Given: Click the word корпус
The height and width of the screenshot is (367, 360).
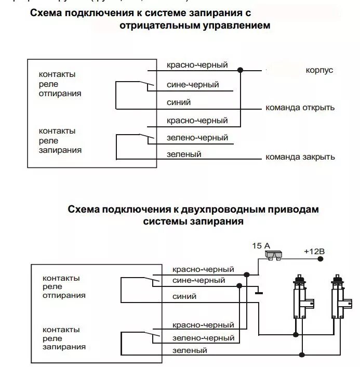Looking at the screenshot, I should (x=319, y=70).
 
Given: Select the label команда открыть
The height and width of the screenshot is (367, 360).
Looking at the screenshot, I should (x=300, y=108).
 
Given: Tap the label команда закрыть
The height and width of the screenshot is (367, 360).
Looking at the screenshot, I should (x=300, y=157).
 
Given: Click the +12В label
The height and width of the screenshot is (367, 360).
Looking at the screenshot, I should (x=314, y=251).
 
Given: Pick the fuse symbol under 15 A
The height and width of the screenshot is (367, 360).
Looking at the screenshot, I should (x=272, y=255).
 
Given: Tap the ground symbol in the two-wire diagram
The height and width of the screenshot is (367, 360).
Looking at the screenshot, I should (x=258, y=293).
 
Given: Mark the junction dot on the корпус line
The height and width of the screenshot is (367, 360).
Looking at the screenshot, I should (x=240, y=70).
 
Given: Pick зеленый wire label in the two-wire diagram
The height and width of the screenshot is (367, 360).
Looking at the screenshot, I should (x=190, y=350).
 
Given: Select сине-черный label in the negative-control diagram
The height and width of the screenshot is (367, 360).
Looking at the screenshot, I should (x=193, y=84).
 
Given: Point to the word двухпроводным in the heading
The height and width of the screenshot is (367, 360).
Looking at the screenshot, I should (x=222, y=210).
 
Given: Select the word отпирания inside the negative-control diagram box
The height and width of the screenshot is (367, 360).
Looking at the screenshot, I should (x=60, y=94).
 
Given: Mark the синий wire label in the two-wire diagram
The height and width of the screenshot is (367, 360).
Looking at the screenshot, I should (x=184, y=296).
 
